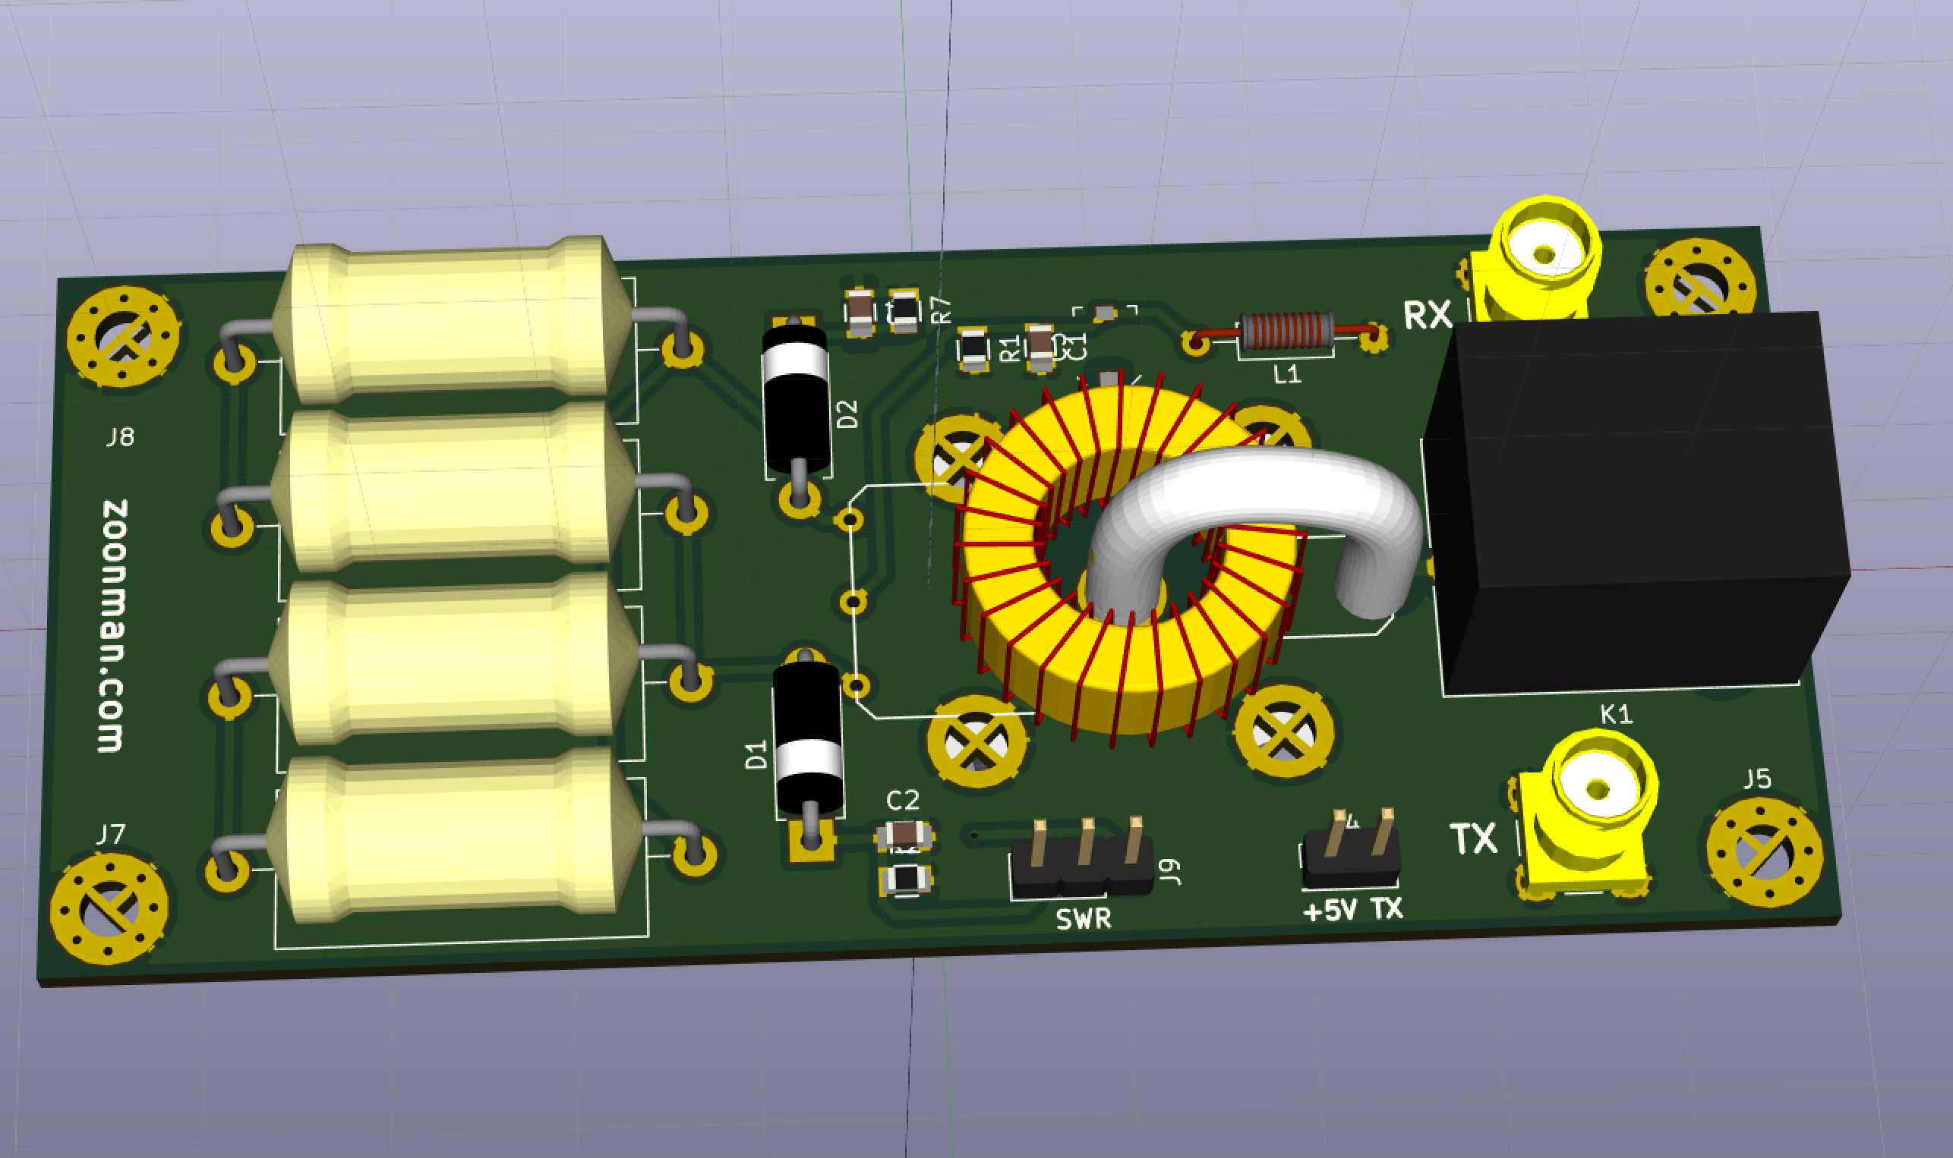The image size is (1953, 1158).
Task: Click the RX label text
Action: pos(1428,315)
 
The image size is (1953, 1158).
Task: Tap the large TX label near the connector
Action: pos(1474,839)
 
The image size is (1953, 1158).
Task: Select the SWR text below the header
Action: pos(1084,919)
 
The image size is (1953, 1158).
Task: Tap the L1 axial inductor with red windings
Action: pos(1287,331)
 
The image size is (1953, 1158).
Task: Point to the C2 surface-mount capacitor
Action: pos(904,835)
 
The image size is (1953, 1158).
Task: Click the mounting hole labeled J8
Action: pos(123,337)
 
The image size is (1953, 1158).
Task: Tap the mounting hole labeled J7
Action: pos(109,909)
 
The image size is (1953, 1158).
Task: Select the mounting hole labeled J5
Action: pos(1764,852)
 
